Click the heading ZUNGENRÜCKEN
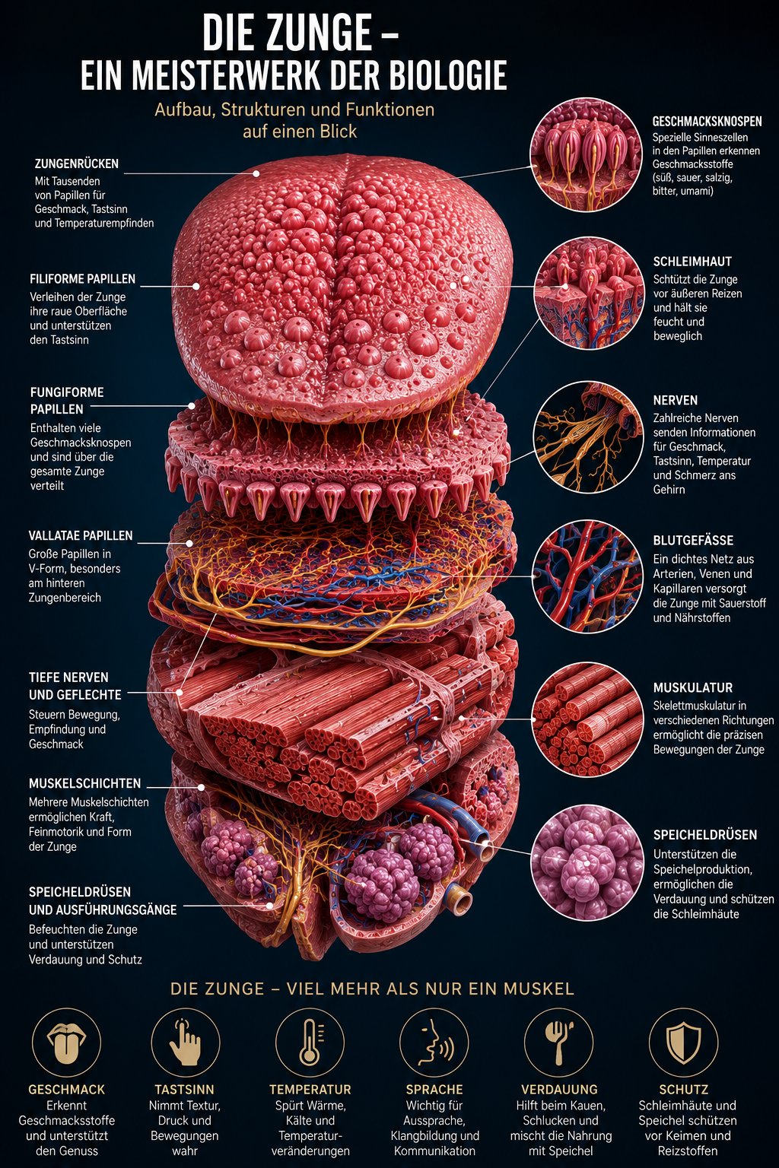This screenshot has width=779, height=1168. (77, 163)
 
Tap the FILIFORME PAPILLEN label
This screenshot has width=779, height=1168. (82, 279)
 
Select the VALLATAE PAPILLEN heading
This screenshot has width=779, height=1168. (81, 535)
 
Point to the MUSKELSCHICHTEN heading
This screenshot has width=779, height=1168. (84, 783)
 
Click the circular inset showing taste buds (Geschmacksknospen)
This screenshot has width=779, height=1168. (586, 155)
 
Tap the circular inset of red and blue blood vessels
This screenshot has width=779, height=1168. (587, 576)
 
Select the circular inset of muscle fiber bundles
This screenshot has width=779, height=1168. (587, 719)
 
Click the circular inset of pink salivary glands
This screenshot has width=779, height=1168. (587, 862)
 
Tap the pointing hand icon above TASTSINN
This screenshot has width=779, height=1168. (185, 1042)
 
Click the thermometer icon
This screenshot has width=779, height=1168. (310, 1041)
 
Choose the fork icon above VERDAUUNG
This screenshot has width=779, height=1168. (558, 1042)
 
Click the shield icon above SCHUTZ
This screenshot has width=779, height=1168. (683, 1043)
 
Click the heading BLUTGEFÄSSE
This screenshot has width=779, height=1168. (693, 540)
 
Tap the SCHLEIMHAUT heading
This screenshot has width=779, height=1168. (692, 262)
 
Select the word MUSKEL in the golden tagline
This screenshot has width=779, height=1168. (540, 989)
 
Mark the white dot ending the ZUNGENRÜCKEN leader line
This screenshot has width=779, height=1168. (256, 173)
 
